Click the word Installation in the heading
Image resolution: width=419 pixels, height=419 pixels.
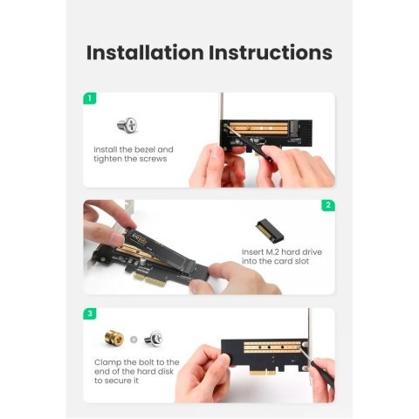pyautogui.click(x=144, y=52)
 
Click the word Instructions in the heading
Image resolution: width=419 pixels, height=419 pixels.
pyautogui.click(x=270, y=52)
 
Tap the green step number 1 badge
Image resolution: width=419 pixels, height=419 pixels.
pyautogui.click(x=89, y=98)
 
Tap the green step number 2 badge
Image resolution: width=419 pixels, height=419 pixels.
pyautogui.click(x=328, y=205)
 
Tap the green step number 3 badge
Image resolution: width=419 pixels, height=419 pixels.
pyautogui.click(x=89, y=313)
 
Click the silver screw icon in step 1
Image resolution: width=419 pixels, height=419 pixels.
pyautogui.click(x=127, y=125)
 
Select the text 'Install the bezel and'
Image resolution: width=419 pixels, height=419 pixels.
pyautogui.click(x=134, y=149)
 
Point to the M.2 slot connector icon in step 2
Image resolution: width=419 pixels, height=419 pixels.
pyautogui.click(x=270, y=230)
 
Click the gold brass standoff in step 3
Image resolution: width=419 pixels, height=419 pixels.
pyautogui.click(x=112, y=338)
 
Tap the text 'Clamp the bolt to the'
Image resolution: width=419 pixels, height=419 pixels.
pyautogui.click(x=136, y=361)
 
